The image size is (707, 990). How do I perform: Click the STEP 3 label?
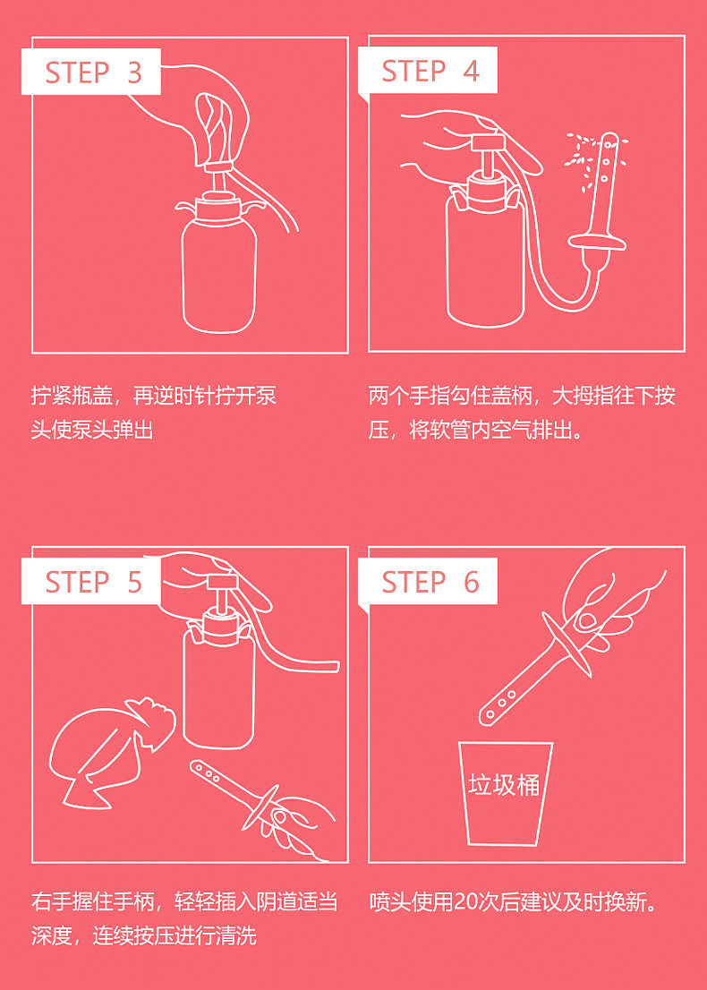[93, 73]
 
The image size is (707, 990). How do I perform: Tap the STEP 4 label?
[430, 71]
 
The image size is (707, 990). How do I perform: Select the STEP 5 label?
[93, 582]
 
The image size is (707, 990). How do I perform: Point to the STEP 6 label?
[430, 582]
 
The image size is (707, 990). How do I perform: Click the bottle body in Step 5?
[218, 688]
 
